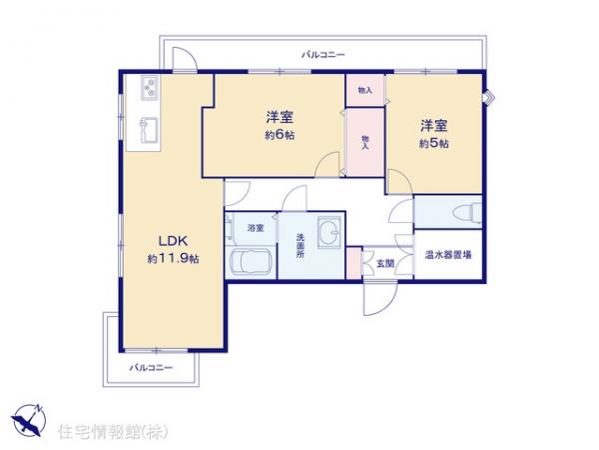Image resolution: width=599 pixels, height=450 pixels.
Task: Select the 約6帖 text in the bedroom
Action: (280, 136)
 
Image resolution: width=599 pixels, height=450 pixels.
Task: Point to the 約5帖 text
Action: (433, 144)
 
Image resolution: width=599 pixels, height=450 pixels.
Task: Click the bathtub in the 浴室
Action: (250, 263)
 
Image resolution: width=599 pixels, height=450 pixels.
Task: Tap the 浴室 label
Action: (257, 228)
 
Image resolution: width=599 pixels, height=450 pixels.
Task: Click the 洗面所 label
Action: (300, 244)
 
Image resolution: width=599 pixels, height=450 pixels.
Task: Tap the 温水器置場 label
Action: (447, 255)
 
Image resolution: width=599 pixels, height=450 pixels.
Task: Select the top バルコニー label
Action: (321, 56)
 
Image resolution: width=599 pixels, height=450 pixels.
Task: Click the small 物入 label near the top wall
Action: (365, 89)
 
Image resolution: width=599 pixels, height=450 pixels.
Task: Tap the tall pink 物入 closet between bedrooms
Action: (365, 141)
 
